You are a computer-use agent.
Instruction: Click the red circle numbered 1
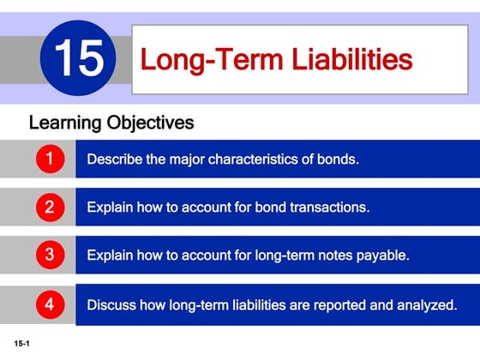click(x=50, y=159)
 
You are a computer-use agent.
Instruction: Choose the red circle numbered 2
click(x=50, y=207)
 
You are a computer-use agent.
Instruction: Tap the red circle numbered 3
click(x=50, y=255)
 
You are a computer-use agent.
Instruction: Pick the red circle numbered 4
click(x=50, y=303)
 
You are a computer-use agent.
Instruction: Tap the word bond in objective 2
click(x=269, y=207)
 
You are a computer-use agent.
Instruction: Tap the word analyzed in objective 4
click(x=429, y=303)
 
